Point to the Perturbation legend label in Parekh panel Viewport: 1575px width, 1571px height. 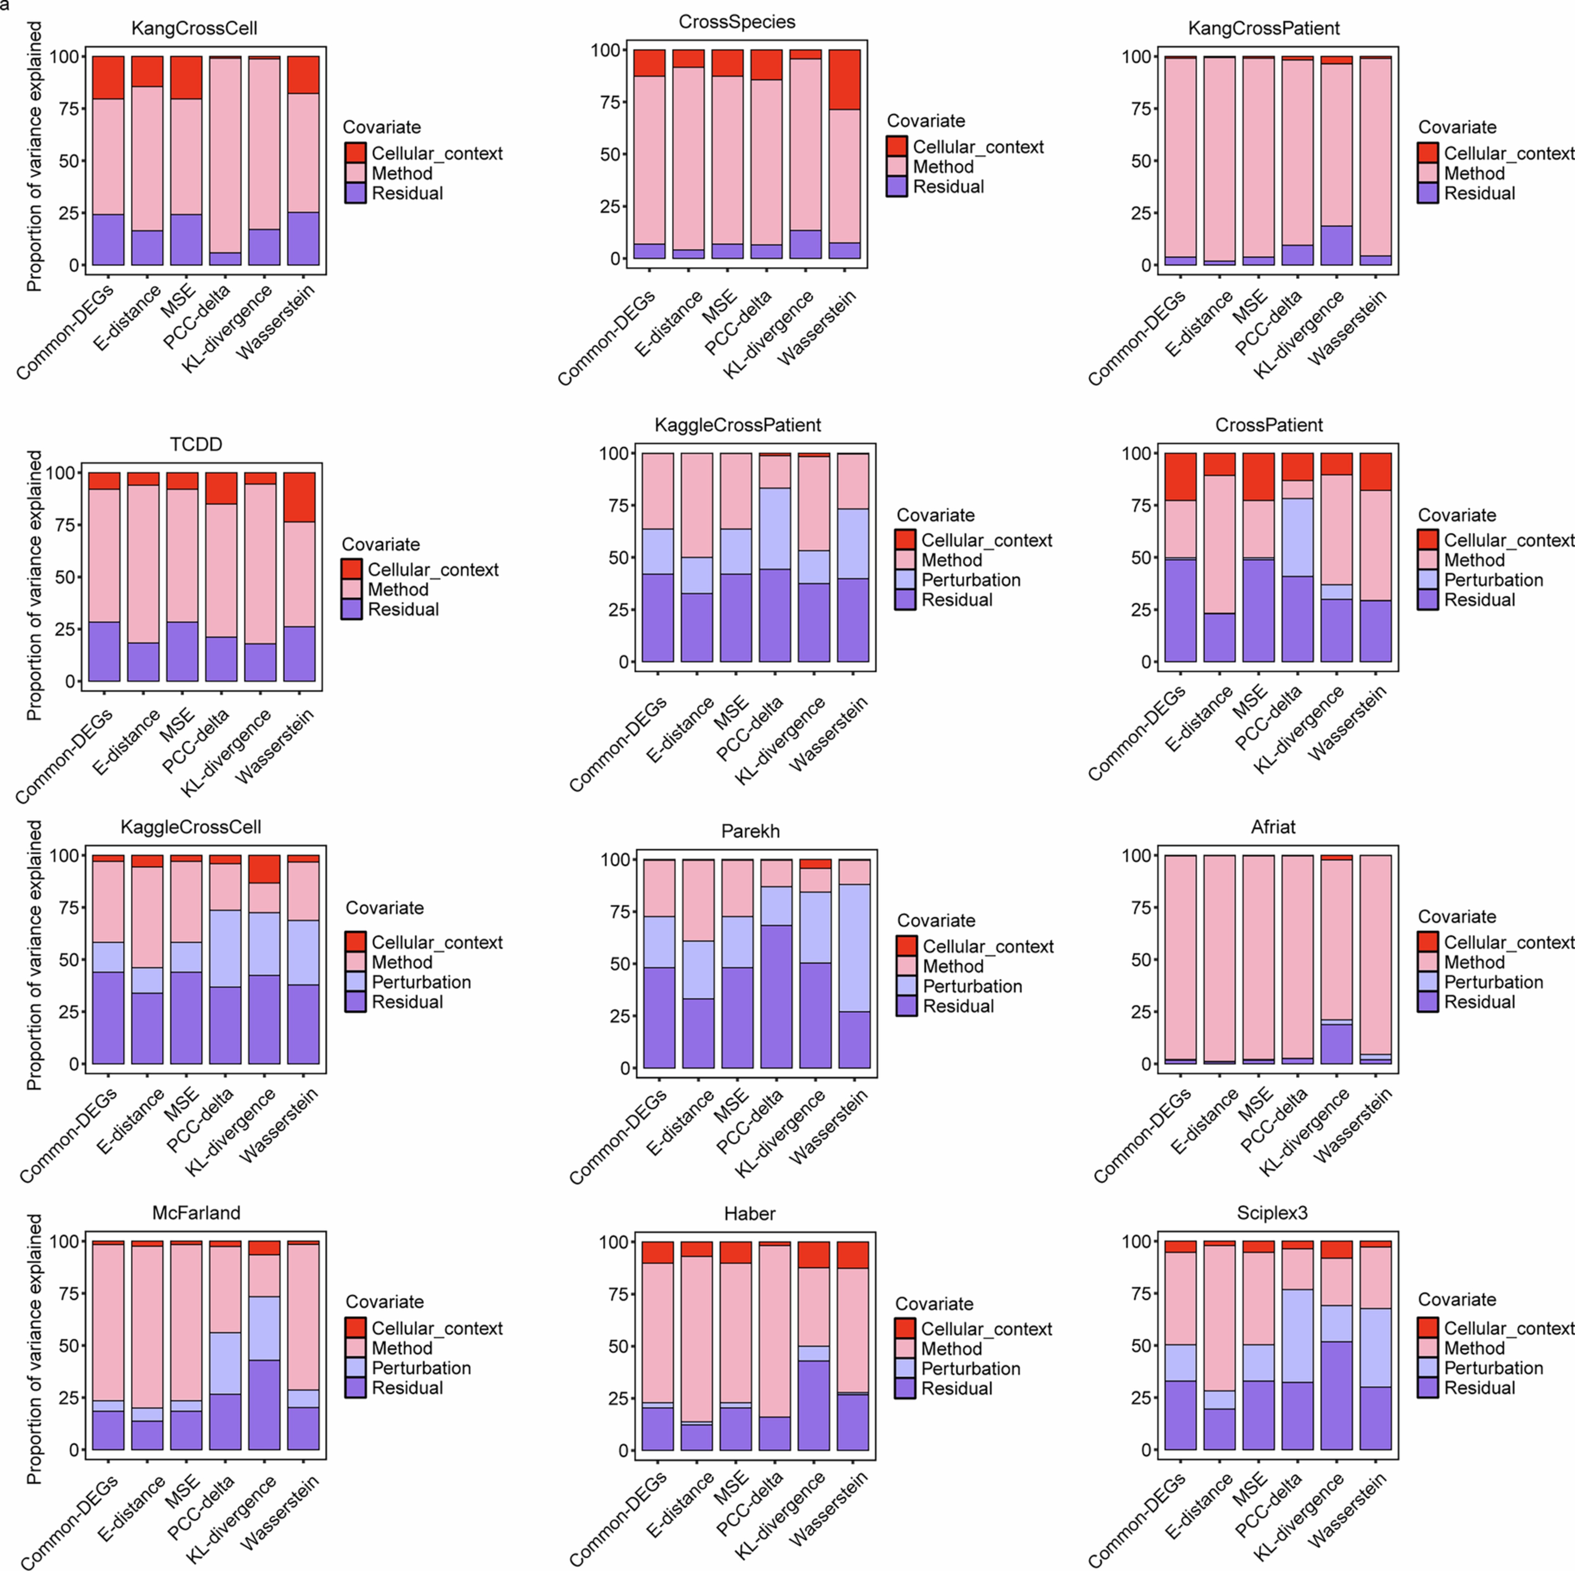coord(972,986)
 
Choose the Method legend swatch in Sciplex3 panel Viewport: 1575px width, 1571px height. coord(1428,1349)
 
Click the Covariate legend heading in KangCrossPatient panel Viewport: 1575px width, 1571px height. coord(1457,127)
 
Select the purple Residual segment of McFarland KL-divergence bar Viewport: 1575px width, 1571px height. coord(264,1405)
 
